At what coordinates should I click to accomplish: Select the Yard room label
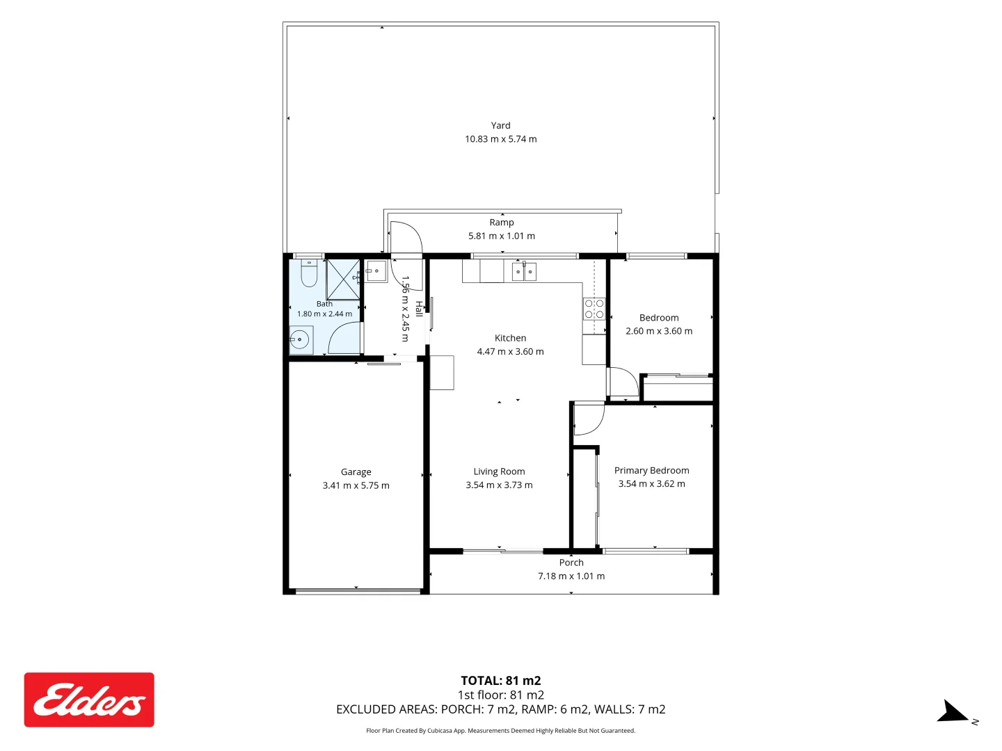click(500, 125)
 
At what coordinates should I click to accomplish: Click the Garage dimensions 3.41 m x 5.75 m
click(356, 485)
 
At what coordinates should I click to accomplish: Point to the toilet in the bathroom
click(309, 273)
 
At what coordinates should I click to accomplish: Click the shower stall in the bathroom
click(343, 280)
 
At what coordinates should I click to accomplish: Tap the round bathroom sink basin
click(299, 339)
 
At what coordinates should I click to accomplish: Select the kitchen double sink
click(523, 272)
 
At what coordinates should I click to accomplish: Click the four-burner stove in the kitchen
click(594, 309)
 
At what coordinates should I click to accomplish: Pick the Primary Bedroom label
click(651, 470)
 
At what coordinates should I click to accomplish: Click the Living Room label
click(499, 471)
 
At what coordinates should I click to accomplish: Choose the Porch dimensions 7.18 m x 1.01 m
click(571, 576)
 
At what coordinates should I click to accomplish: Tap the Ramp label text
click(501, 223)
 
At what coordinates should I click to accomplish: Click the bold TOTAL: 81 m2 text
click(501, 681)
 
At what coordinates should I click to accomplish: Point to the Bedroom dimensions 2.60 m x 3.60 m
click(659, 331)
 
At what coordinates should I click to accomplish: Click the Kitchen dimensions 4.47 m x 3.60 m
click(510, 352)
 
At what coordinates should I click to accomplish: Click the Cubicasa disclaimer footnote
click(500, 730)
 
